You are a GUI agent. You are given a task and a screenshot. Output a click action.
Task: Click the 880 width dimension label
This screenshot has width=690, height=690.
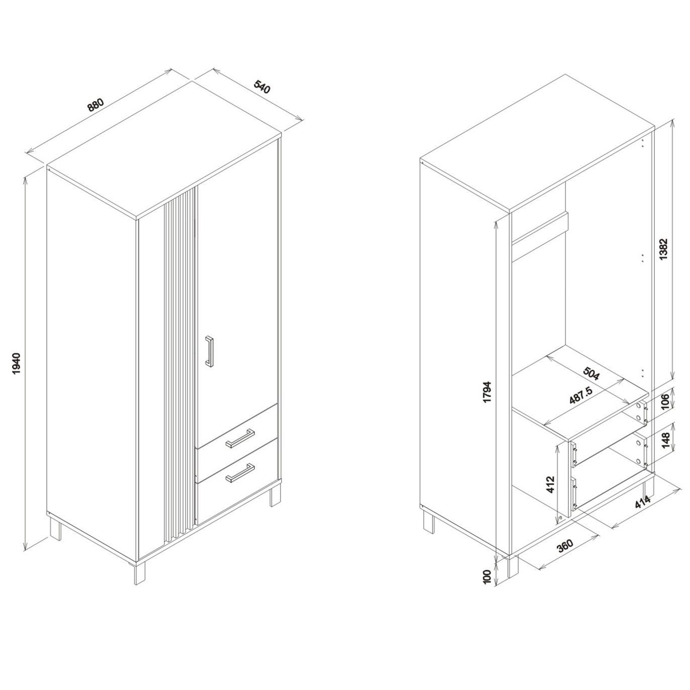click(96, 105)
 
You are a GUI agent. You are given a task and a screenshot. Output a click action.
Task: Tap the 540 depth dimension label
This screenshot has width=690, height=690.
click(262, 88)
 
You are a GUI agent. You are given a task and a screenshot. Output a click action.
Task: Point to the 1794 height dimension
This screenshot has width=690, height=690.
click(488, 397)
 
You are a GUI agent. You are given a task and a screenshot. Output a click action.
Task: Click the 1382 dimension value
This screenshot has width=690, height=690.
click(663, 249)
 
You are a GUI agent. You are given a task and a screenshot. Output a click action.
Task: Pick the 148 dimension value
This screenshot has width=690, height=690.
click(665, 441)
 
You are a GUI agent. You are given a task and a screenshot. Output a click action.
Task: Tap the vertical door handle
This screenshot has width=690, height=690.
click(209, 351)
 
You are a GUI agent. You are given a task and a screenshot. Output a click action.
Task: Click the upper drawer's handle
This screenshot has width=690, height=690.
click(240, 438)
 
